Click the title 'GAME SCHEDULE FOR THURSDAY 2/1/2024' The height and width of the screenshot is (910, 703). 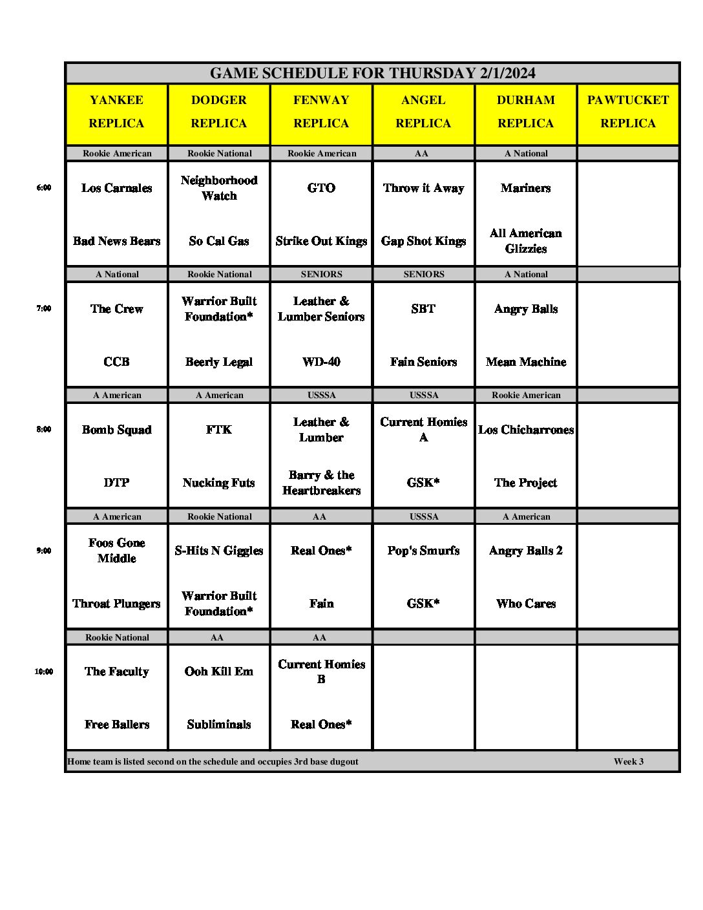[x=372, y=73]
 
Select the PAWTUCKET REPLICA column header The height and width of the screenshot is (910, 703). [x=627, y=111]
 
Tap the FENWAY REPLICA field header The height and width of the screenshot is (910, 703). [x=321, y=111]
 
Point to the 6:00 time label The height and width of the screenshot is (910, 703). [x=44, y=188]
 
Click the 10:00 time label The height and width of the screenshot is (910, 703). [x=44, y=672]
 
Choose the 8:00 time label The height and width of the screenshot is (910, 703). [x=44, y=430]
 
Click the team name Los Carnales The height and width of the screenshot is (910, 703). [x=117, y=188]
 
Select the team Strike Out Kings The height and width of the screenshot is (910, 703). [x=321, y=241]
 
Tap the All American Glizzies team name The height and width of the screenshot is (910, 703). [x=526, y=241]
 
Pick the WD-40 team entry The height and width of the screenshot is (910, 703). [x=321, y=362]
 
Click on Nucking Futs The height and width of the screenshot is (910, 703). [x=219, y=483]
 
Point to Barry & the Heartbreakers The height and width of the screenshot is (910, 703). [x=321, y=483]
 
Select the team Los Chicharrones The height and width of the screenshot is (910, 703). [x=526, y=430]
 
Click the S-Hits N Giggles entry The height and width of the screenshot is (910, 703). [x=219, y=551]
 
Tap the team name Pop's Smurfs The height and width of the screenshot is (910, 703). [x=423, y=551]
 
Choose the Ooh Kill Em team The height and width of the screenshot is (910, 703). [x=219, y=672]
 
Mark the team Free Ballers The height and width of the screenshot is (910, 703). [x=117, y=725]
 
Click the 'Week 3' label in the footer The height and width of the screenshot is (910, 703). [x=629, y=761]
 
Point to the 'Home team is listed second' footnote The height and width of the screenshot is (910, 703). [x=213, y=761]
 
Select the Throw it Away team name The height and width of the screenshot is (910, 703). [x=423, y=188]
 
